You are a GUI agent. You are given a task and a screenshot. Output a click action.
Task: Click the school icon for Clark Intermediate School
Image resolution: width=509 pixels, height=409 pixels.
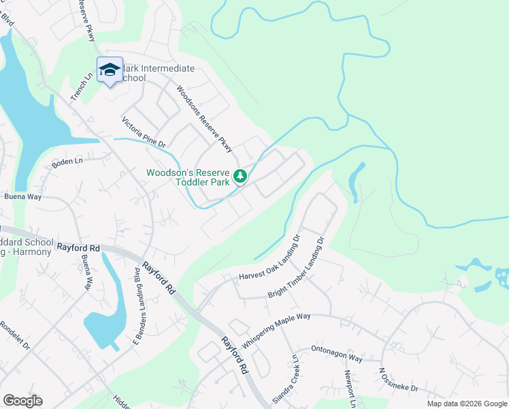click(x=110, y=70)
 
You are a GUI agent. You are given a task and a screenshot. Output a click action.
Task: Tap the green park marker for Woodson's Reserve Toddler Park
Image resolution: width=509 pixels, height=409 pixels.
click(x=240, y=177)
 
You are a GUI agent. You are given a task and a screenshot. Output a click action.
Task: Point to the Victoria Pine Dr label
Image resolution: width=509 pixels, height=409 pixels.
click(x=144, y=133)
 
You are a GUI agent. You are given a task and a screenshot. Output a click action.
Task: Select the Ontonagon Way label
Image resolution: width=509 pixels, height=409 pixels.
click(x=337, y=357)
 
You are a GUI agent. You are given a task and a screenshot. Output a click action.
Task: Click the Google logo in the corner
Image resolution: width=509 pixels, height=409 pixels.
click(x=22, y=401)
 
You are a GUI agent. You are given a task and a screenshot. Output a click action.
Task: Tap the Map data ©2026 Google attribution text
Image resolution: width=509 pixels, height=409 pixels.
click(x=466, y=404)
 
